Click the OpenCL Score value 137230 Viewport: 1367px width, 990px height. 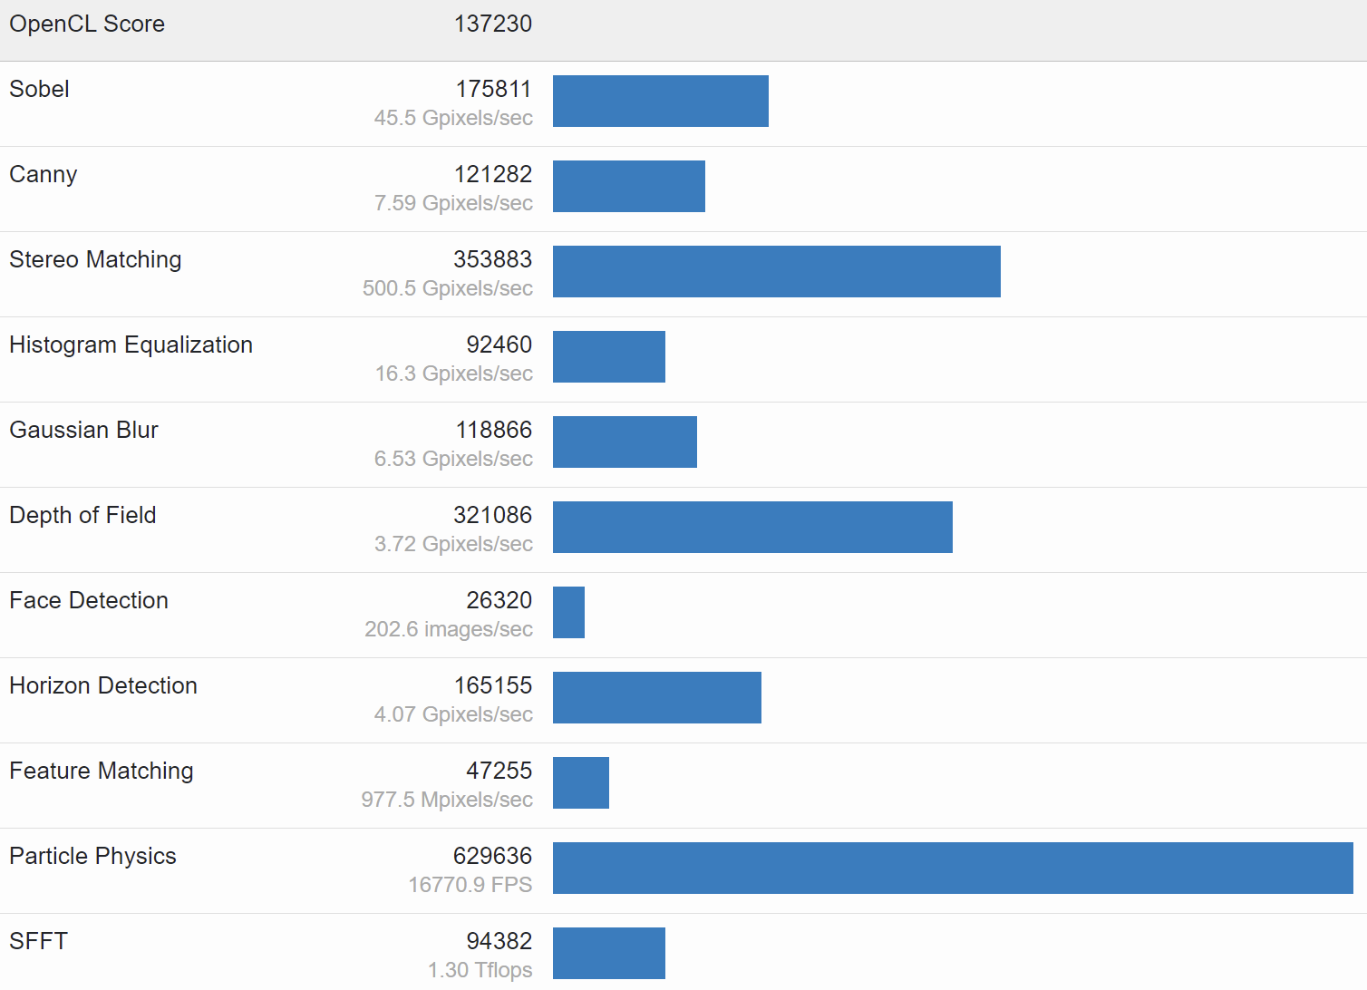(492, 24)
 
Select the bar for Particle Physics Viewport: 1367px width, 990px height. (952, 868)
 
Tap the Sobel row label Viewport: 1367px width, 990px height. (39, 89)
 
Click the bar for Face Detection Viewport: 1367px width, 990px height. (568, 612)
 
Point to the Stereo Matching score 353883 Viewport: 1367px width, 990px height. (492, 259)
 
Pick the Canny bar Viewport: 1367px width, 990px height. (628, 186)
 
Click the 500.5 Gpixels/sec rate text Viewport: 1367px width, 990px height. (447, 288)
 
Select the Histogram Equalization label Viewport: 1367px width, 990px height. (131, 345)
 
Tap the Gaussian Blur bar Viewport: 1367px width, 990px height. (625, 442)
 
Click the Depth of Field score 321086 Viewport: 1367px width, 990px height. (492, 515)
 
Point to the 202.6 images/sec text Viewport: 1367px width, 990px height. (448, 629)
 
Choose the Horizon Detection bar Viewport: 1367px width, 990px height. (656, 697)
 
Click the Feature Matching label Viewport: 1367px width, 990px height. (101, 771)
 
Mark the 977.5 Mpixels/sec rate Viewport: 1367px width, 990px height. (446, 800)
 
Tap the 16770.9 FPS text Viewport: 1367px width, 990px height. (470, 885)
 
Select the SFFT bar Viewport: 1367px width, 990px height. (608, 953)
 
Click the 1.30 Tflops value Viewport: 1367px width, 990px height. (480, 970)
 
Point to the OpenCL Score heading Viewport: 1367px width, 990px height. (87, 24)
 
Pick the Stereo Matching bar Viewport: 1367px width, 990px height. (776, 271)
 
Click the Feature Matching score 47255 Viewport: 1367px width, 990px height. (499, 771)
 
